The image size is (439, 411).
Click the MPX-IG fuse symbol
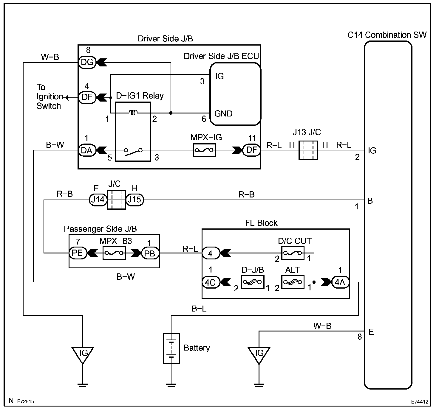[x=204, y=150]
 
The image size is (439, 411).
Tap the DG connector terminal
[x=87, y=62]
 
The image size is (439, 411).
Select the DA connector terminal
[x=87, y=150]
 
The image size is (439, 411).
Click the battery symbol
[x=171, y=348]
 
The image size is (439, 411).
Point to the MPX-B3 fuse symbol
[x=114, y=253]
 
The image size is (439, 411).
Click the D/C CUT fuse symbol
[x=293, y=253]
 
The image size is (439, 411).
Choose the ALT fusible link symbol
[x=293, y=282]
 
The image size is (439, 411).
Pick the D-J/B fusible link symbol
[x=252, y=282]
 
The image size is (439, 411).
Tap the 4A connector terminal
[x=340, y=282]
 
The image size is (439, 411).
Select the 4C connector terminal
[x=211, y=282]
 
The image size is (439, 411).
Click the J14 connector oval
[x=98, y=200]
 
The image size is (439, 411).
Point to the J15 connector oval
[x=135, y=200]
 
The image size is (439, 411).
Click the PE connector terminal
[x=78, y=253]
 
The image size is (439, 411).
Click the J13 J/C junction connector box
[x=308, y=150]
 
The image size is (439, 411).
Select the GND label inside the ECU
[x=223, y=114]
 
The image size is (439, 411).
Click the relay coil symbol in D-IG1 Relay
[x=133, y=113]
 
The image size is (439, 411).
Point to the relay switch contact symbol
[x=133, y=152]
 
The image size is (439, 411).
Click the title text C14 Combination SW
[x=387, y=35]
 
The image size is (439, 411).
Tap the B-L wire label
[x=199, y=309]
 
